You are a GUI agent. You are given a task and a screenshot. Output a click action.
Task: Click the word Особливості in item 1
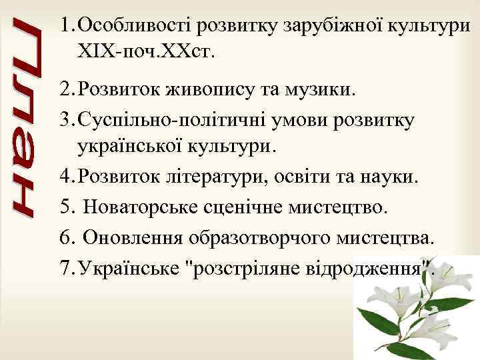[x=133, y=26]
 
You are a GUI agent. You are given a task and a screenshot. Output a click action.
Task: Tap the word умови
[x=303, y=119]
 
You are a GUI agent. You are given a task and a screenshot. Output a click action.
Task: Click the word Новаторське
[x=143, y=209]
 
